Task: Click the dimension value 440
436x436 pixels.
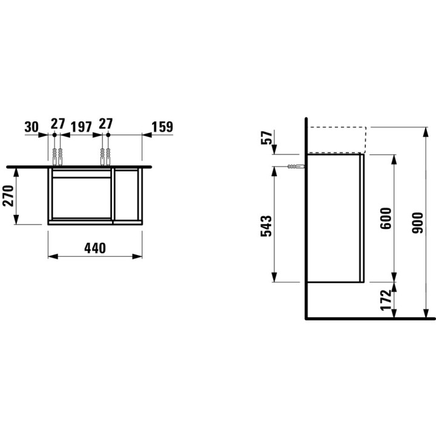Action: tap(95, 248)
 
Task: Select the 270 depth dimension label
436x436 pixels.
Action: tap(8, 196)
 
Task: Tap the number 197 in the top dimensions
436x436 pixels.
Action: tap(81, 127)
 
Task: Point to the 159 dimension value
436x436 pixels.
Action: tap(162, 127)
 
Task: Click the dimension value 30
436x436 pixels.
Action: tap(31, 127)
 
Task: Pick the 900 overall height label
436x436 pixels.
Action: tap(418, 223)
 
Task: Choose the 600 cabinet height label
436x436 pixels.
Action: tap(386, 218)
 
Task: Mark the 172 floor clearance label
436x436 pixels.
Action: tap(386, 300)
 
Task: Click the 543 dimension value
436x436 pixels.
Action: tap(266, 226)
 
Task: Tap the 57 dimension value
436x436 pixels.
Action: tap(266, 137)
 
